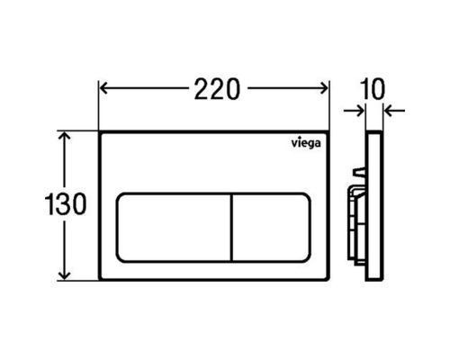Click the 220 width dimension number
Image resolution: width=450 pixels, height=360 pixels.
(217, 89)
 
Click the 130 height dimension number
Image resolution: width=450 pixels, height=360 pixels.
(66, 203)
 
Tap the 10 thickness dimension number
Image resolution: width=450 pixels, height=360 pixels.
(373, 89)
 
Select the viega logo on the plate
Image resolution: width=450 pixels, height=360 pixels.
(306, 143)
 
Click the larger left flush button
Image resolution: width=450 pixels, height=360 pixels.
(174, 228)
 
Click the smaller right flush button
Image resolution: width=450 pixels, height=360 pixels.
(271, 228)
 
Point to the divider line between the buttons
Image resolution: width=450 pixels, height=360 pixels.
(232, 228)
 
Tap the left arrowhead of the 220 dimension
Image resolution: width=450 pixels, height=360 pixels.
(103, 88)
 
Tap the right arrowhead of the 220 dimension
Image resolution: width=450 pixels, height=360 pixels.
(325, 88)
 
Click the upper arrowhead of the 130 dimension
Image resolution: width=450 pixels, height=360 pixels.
(65, 136)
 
